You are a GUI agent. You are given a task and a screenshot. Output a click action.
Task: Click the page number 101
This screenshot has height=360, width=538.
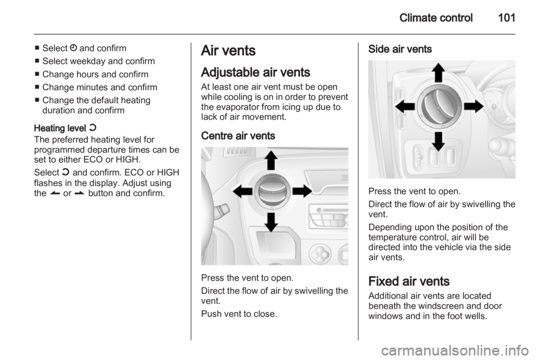507,17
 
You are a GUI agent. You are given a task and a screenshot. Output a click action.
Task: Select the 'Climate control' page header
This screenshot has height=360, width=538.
436,17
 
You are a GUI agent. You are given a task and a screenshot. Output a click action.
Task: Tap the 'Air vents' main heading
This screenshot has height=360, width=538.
228,50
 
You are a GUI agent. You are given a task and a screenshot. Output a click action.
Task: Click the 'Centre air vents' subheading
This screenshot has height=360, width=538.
238,136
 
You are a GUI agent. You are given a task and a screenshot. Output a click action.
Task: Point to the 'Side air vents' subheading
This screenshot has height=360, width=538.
400,49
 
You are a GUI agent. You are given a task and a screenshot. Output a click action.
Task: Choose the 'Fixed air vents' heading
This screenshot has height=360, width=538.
409,281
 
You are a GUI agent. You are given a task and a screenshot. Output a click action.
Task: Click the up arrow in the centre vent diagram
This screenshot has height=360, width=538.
271,160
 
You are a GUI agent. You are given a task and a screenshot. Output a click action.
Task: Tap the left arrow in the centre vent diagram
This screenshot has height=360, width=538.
243,191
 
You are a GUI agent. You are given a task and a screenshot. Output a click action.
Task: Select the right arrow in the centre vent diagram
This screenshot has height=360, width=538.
302,191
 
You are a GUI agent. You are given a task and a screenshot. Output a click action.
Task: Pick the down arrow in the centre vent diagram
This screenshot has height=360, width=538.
271,222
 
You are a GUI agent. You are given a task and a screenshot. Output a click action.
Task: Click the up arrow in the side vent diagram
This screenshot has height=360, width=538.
438,72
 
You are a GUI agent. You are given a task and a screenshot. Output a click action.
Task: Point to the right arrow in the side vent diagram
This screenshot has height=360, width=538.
474,107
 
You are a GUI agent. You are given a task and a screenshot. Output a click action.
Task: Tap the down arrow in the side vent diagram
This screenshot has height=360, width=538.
438,141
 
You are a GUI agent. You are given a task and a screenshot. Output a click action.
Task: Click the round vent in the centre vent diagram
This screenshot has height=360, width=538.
272,191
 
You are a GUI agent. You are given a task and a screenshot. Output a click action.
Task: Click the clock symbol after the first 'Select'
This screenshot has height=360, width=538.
73,48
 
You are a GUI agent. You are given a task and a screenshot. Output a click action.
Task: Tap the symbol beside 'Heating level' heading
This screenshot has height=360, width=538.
92,128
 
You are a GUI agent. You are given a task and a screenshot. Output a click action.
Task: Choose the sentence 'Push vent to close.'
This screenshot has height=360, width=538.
239,313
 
